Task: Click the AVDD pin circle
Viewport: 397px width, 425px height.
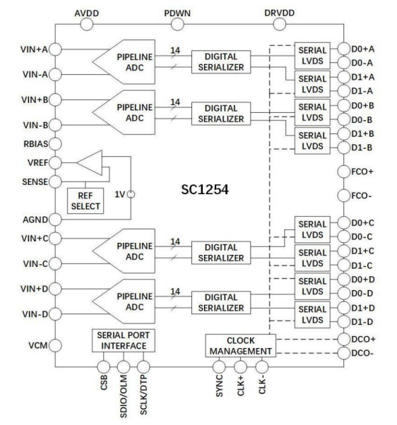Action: point(88,25)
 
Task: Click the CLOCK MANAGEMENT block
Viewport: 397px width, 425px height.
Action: point(239,346)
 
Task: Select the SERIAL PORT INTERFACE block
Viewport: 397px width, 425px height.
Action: point(122,340)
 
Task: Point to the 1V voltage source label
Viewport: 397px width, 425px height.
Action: point(119,193)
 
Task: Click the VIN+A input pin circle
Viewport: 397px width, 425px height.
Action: point(56,50)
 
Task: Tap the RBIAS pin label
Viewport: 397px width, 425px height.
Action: point(32,144)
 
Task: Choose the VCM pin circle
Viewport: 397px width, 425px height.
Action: point(56,346)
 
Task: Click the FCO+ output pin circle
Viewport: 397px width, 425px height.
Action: point(343,172)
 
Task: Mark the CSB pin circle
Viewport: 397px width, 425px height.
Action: point(104,366)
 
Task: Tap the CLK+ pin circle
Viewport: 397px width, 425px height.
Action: point(240,366)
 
